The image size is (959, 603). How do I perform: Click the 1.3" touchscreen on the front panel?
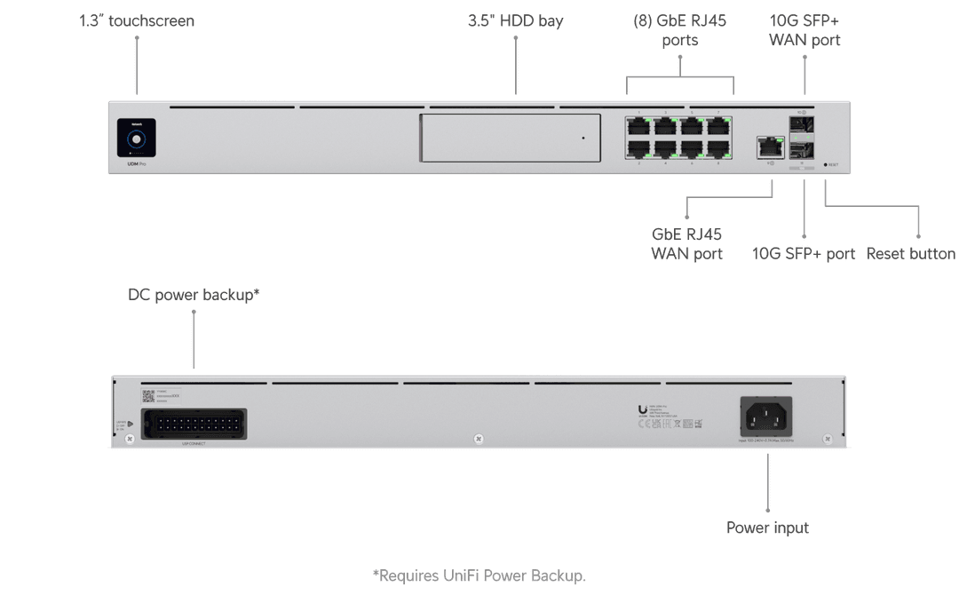click(136, 139)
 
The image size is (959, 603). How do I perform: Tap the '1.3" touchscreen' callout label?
click(136, 20)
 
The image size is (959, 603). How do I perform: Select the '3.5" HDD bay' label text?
click(515, 20)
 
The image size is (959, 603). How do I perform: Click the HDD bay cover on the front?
click(510, 138)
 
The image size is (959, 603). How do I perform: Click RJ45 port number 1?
click(639, 126)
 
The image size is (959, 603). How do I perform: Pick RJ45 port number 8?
click(718, 150)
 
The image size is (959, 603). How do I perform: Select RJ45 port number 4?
click(666, 150)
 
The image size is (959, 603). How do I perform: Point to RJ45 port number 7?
click(718, 126)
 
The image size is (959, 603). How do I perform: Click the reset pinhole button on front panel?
click(826, 165)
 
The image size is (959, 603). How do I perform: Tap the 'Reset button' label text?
click(910, 254)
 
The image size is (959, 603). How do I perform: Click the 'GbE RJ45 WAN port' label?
click(686, 244)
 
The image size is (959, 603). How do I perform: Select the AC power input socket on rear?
click(765, 417)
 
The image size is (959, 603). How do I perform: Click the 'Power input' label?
click(767, 528)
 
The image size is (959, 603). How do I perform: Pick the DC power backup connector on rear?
click(194, 424)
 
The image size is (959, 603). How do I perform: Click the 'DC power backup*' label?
click(194, 294)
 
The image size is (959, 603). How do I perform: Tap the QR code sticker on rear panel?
click(148, 395)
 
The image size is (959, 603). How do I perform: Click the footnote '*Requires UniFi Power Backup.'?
click(479, 576)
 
